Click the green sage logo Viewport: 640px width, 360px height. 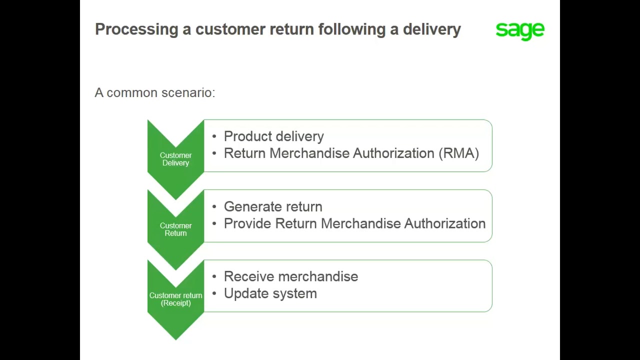(520, 30)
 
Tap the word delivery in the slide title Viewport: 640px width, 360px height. (431, 29)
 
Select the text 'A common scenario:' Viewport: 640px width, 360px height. (155, 93)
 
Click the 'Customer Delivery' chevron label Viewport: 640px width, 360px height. (175, 159)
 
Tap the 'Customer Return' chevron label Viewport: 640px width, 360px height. (175, 229)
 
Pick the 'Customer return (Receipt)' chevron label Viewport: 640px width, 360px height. (175, 299)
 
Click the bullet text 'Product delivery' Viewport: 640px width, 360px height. (273, 136)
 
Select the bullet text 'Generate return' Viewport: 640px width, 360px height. (273, 207)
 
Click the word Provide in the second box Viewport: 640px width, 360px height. (247, 224)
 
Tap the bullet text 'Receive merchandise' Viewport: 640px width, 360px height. (290, 276)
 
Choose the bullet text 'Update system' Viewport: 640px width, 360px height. (270, 293)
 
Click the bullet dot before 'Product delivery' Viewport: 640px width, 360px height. (214, 136)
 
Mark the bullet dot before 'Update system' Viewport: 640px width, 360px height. (214, 294)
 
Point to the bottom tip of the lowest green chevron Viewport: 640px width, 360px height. (175, 338)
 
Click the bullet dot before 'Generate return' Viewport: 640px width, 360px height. (214, 207)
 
